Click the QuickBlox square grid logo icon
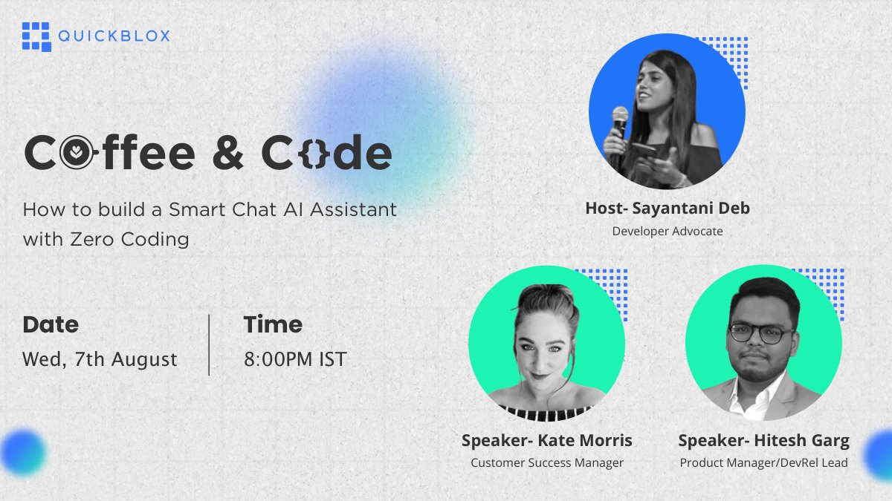[36, 37]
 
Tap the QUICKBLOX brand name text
[114, 36]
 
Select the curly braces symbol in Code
[314, 153]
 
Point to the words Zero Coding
[129, 239]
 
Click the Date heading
[51, 324]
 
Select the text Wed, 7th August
[100, 359]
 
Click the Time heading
[273, 324]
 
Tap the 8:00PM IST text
[295, 359]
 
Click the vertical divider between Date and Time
[209, 344]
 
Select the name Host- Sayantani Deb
[668, 209]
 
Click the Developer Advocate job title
[668, 231]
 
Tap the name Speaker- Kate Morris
[547, 441]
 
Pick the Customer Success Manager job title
[547, 463]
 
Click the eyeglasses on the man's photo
[760, 333]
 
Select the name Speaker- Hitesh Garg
[764, 441]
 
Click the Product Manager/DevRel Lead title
[764, 463]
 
